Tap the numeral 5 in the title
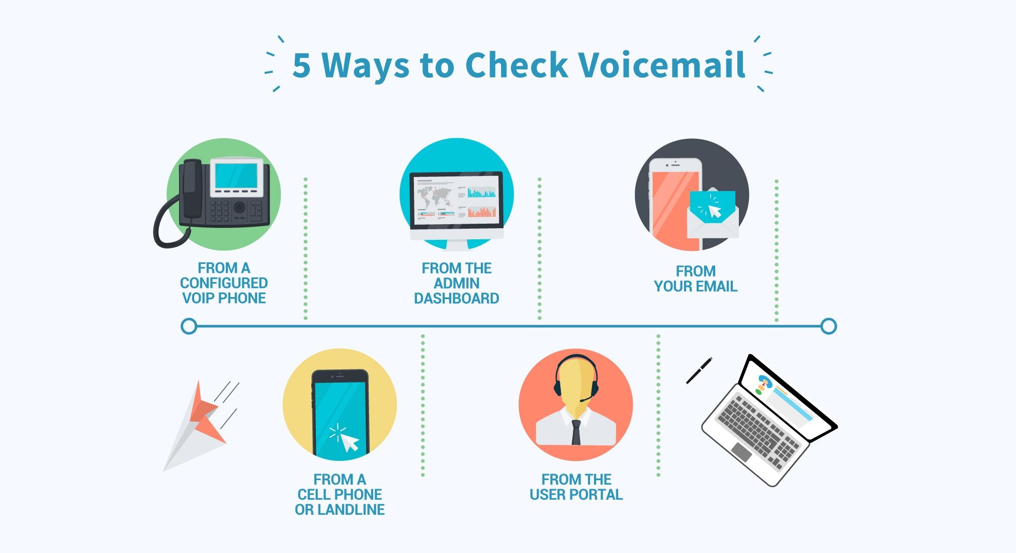pos(301,65)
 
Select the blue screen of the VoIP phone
pos(236,176)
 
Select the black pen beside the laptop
pos(699,371)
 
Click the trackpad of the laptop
pos(741,451)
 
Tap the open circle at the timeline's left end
pos(189,326)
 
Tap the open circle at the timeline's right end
pos(828,326)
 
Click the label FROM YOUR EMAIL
pos(696,279)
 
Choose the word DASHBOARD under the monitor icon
pos(456,299)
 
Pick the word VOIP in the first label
pos(198,298)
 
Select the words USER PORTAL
pos(576,495)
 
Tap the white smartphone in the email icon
pos(675,204)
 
